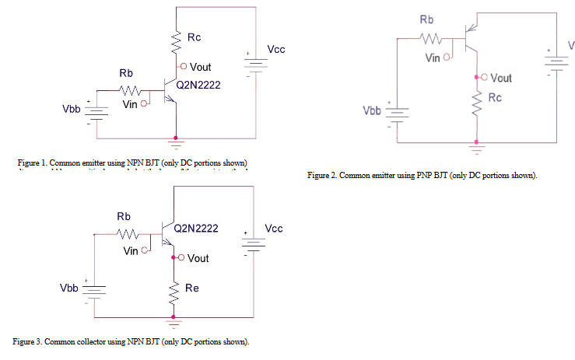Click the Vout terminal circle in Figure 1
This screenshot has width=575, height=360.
pyautogui.click(x=183, y=67)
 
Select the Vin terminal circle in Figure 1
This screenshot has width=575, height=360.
pyautogui.click(x=144, y=103)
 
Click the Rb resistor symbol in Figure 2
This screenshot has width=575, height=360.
pyautogui.click(x=429, y=37)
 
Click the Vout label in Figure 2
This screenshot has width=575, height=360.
pyautogui.click(x=502, y=78)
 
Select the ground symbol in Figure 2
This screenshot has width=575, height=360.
pyautogui.click(x=476, y=145)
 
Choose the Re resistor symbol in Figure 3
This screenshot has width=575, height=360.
pyautogui.click(x=172, y=290)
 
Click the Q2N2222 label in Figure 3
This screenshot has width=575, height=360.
pyautogui.click(x=195, y=229)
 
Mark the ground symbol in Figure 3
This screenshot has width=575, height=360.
pyautogui.click(x=172, y=320)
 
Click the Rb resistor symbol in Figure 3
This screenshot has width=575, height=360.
pyautogui.click(x=126, y=232)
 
